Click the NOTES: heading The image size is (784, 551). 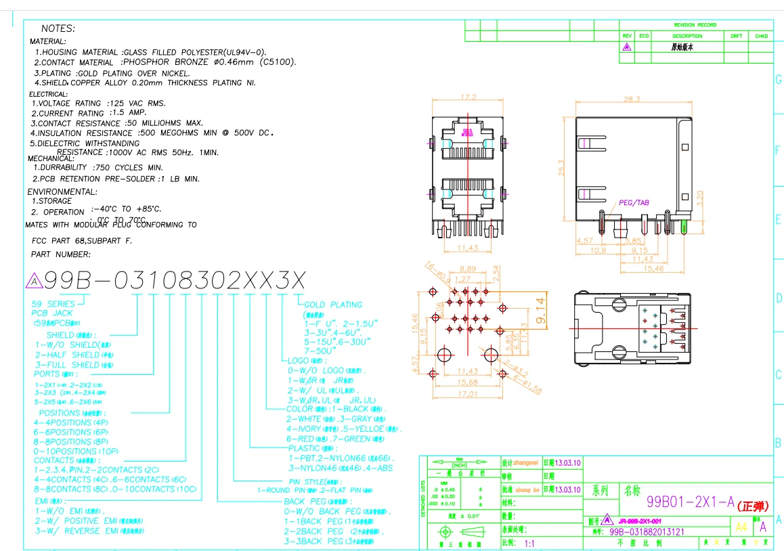coord(58,28)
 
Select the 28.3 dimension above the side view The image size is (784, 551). coord(631,100)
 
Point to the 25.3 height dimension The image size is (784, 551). coord(561,167)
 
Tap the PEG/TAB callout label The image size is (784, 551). coord(634,202)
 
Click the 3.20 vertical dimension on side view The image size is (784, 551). coord(701,198)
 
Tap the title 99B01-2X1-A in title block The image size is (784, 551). coord(690,502)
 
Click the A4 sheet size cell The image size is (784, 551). coord(741,526)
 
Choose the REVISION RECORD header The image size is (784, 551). coord(695,24)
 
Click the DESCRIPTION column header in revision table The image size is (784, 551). coord(687,36)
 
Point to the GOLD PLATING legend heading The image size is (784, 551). coord(333,305)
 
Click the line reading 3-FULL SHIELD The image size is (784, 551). coord(67,365)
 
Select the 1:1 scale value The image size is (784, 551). coord(529,543)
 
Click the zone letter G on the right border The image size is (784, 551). coord(778,80)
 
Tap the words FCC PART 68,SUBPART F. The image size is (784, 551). coord(82,240)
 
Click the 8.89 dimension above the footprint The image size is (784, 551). coord(467,268)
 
